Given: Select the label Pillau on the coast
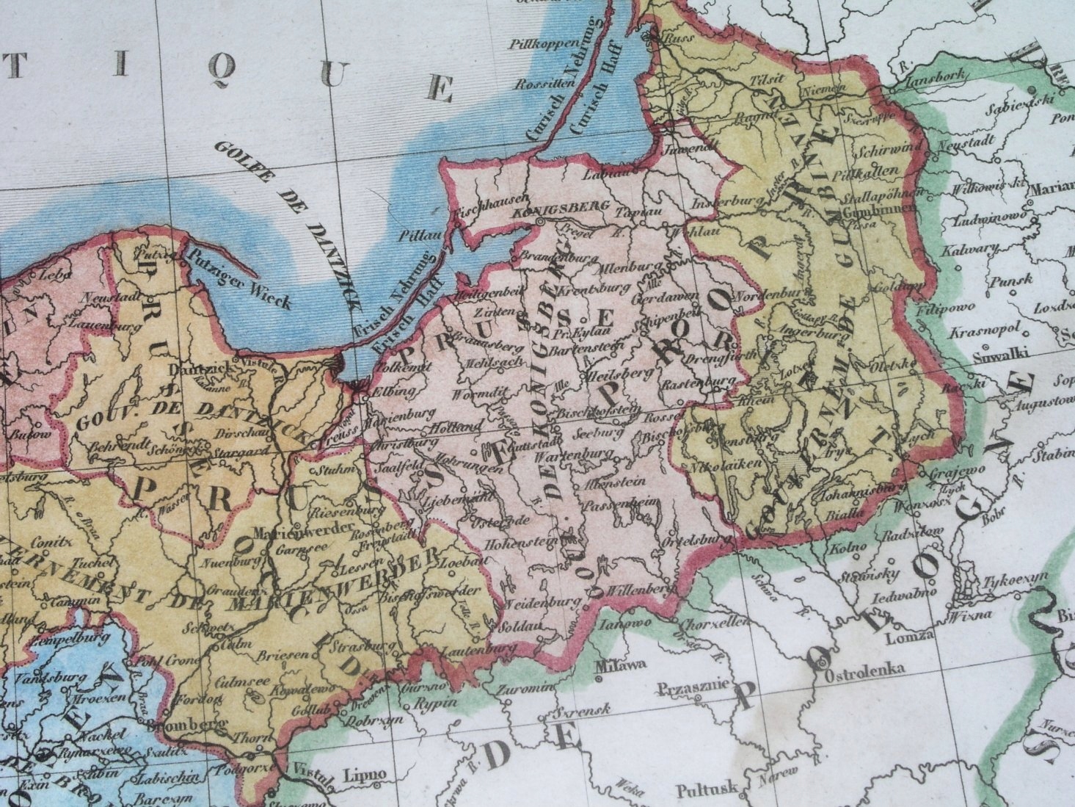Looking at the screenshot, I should click(x=415, y=237).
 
